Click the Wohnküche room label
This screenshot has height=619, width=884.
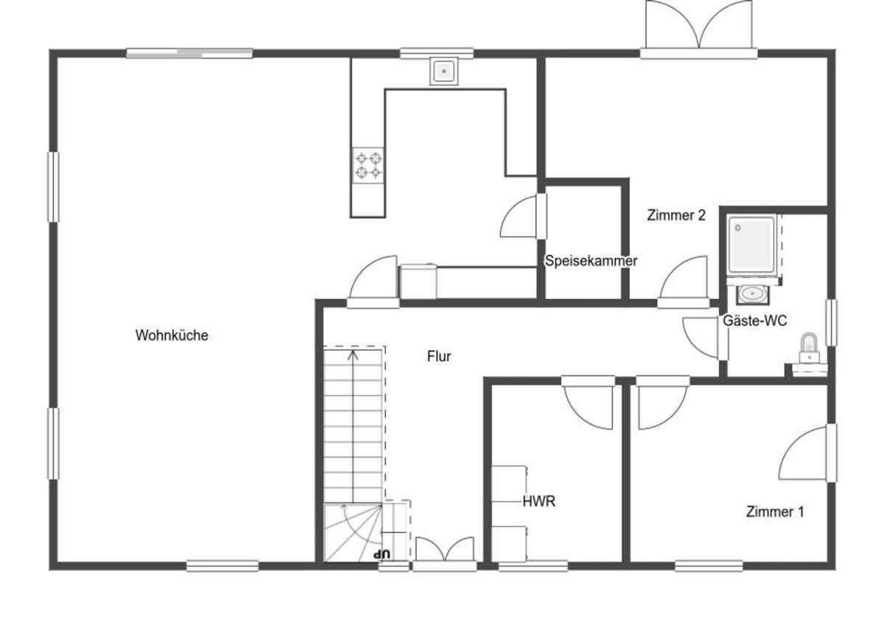172,335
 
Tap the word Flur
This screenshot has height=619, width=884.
439,356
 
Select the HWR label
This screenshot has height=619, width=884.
539,501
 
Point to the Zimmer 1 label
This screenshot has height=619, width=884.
775,511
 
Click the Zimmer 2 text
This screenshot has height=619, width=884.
676,215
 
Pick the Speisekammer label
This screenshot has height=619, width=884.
591,261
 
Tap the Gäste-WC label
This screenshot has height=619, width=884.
754,321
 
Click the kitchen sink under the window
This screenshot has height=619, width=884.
444,71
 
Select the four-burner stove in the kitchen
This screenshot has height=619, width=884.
368,165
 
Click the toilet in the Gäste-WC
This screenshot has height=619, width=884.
809,348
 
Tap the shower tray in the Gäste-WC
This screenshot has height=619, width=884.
751,245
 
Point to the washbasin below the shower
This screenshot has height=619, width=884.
752,294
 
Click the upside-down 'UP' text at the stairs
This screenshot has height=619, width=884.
382,554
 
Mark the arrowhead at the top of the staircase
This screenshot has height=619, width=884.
353,355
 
